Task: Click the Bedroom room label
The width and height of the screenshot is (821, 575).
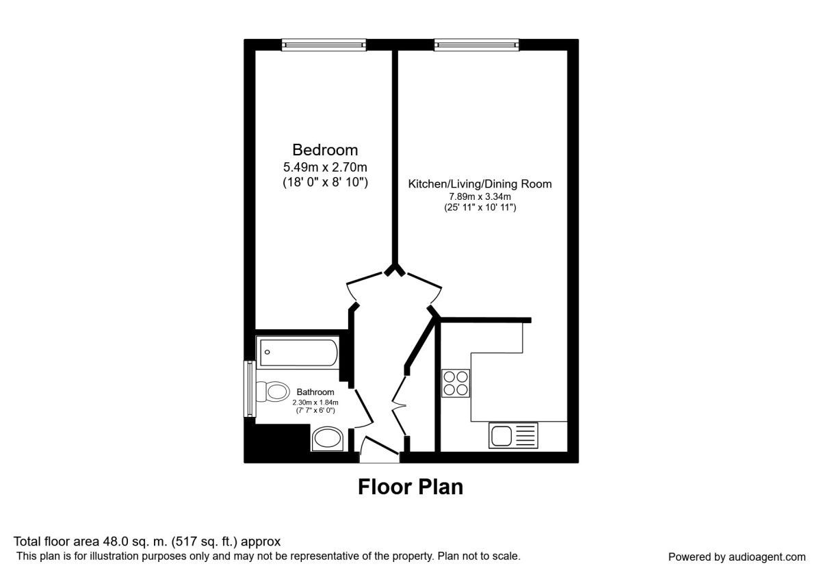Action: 325,150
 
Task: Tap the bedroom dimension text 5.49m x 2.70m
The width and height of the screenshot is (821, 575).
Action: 325,168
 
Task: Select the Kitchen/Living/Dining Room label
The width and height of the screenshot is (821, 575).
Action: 480,184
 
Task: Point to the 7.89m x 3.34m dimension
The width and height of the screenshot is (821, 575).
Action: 480,197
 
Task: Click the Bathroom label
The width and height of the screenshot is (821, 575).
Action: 315,392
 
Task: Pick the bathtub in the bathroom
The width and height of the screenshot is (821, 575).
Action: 298,353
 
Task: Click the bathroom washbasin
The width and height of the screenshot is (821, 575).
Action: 329,439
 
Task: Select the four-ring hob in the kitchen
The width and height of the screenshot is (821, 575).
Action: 456,383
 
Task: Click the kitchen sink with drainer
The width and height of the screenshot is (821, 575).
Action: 513,435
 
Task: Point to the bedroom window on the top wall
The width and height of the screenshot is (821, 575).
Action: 324,45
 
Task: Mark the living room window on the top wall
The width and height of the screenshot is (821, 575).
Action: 477,45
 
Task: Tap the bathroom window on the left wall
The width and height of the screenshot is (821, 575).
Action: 250,389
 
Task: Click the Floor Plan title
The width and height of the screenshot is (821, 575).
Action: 410,487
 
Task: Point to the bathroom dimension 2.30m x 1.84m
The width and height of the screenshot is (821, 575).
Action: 315,402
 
